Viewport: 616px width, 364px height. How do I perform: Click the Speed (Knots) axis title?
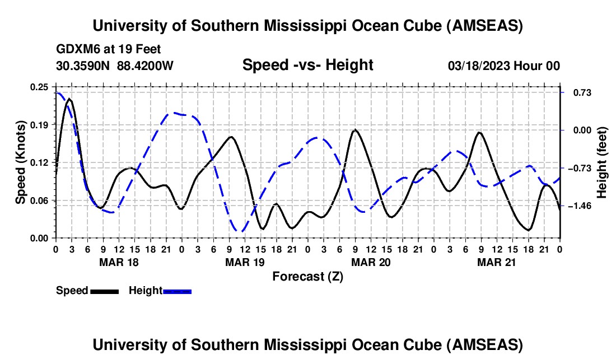pyautogui.click(x=21, y=162)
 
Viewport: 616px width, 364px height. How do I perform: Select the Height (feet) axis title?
pyautogui.click(x=602, y=162)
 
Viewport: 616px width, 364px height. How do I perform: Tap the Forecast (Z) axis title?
pyautogui.click(x=307, y=276)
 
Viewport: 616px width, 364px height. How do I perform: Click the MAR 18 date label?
pyautogui.click(x=118, y=262)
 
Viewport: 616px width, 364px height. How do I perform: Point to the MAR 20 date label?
pyautogui.click(x=370, y=262)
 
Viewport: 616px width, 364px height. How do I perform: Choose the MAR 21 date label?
pyautogui.click(x=496, y=262)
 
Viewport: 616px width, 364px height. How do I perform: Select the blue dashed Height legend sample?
pyautogui.click(x=177, y=291)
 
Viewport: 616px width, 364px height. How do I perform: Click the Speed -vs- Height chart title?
pyautogui.click(x=307, y=66)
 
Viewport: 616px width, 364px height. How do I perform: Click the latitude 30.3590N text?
pyautogui.click(x=84, y=66)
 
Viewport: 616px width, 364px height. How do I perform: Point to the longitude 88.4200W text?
pyautogui.click(x=146, y=66)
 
